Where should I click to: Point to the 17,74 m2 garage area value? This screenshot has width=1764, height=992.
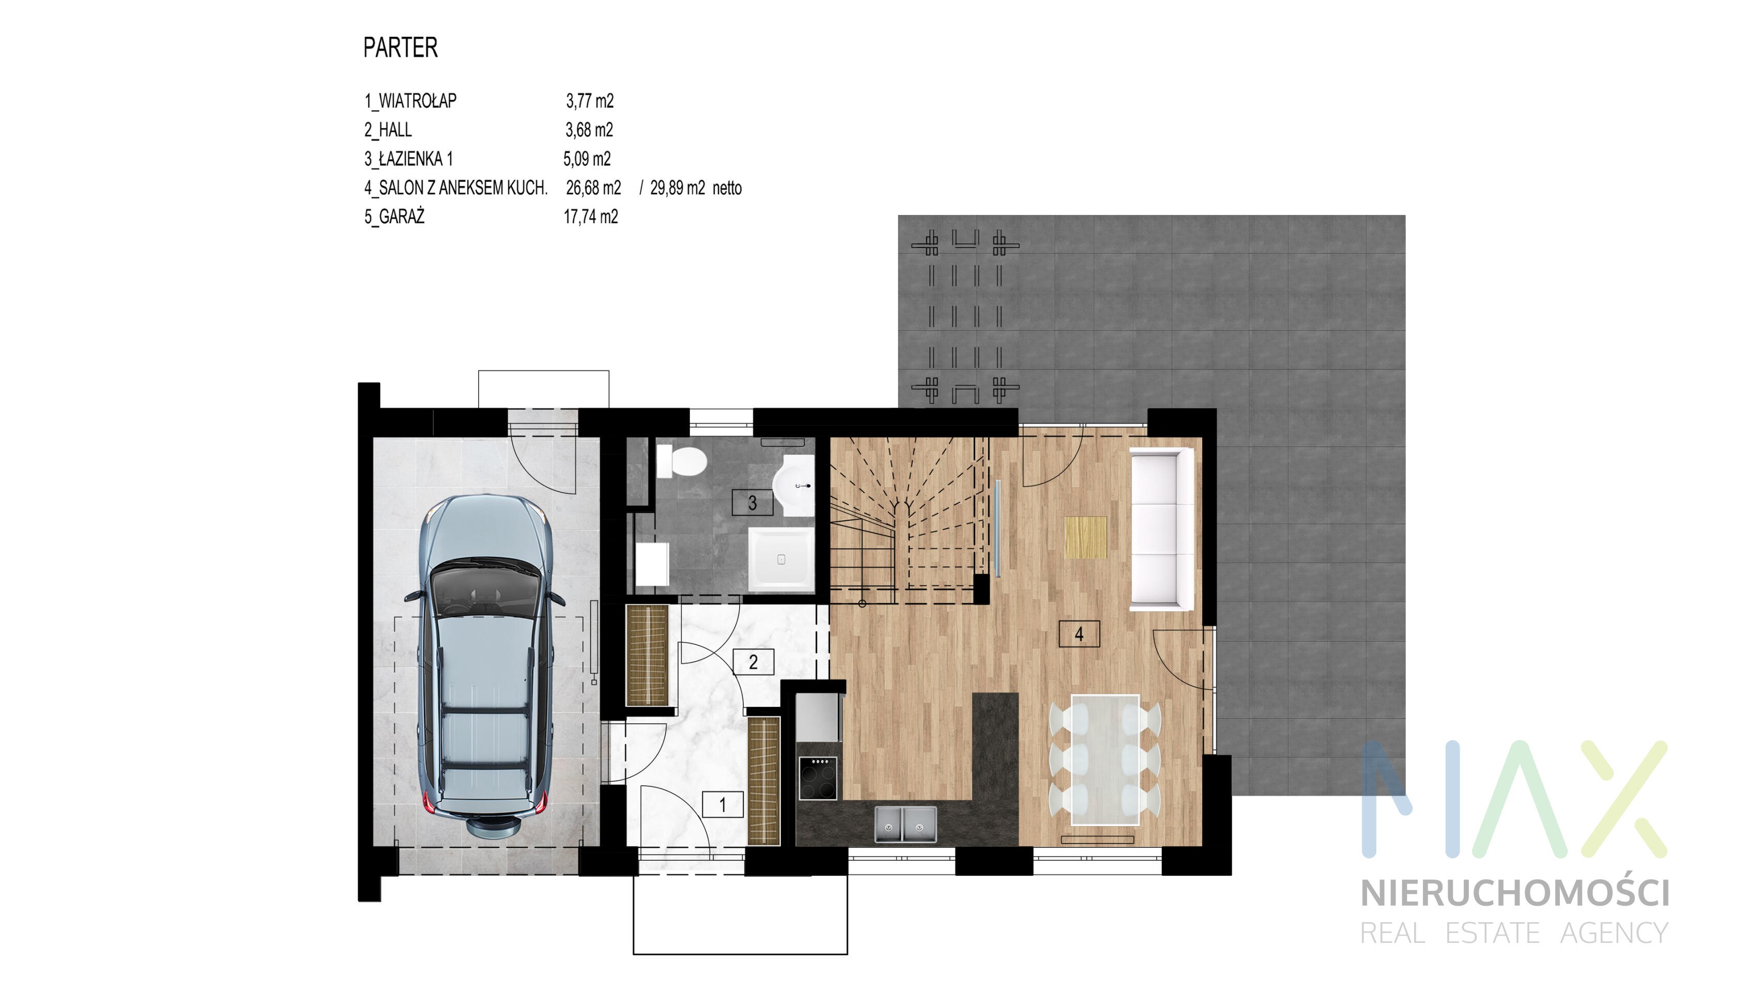tap(590, 216)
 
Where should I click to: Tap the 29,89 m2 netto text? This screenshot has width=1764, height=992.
tap(696, 188)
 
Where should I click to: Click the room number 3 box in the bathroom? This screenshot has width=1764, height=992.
tap(752, 503)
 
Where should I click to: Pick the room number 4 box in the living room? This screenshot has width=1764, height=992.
tap(1079, 634)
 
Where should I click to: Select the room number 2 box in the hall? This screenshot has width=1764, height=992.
tap(753, 661)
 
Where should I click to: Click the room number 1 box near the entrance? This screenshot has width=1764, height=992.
tap(723, 804)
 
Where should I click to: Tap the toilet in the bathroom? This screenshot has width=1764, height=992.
tap(681, 461)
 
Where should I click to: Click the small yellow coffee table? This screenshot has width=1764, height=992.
tap(1085, 537)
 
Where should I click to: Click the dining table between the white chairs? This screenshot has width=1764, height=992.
tap(1105, 759)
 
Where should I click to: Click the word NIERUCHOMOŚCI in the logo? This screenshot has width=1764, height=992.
tap(1515, 893)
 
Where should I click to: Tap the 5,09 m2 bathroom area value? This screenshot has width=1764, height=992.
tap(587, 159)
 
